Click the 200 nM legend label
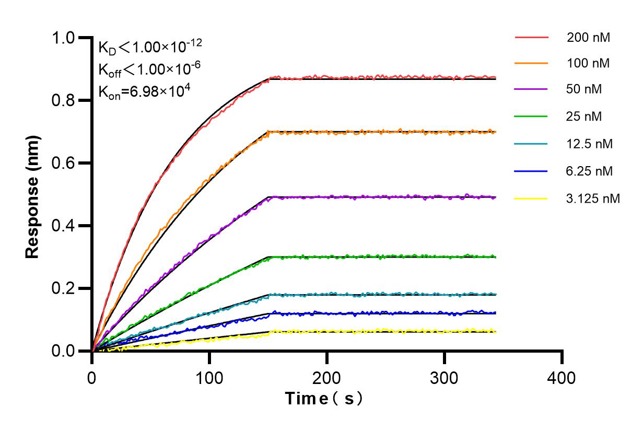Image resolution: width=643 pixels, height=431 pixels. [589, 38]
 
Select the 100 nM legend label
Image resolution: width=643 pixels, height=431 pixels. [589, 64]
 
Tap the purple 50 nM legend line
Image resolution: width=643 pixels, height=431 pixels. [531, 89]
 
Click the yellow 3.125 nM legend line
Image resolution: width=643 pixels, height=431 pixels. [531, 199]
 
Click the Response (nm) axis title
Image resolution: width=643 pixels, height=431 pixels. [33, 194]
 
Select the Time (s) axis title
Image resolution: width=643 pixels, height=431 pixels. [324, 399]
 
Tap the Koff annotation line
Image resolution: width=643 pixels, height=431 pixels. [147, 69]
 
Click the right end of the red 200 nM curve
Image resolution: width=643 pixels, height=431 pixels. [495, 77]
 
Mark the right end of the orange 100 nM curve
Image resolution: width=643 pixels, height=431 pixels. [495, 132]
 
